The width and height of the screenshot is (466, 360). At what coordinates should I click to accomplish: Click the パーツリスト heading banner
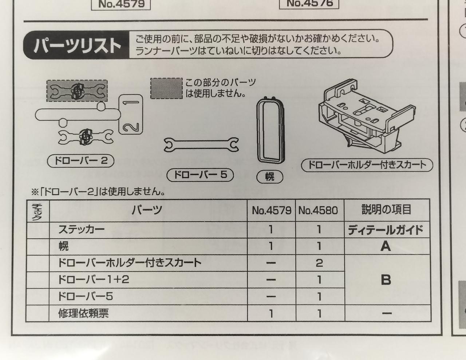[x=76, y=45]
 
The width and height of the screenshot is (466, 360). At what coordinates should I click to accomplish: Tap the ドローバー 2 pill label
[x=80, y=161]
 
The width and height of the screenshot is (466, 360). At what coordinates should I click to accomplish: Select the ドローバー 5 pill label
[x=200, y=175]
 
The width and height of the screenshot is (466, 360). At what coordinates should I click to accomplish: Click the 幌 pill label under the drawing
[x=270, y=177]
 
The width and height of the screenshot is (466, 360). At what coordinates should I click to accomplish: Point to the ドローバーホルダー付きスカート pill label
[x=367, y=165]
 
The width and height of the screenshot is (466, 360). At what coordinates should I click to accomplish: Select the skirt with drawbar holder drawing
[x=367, y=116]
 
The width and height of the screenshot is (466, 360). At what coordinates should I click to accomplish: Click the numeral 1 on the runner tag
[x=131, y=103]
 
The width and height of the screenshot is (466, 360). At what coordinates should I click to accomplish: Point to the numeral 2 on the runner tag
[x=131, y=127]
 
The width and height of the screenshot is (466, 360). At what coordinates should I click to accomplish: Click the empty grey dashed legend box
[x=166, y=88]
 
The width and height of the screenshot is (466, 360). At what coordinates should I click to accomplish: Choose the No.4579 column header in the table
[x=272, y=210]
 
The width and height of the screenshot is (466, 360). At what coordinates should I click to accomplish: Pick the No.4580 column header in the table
[x=318, y=210]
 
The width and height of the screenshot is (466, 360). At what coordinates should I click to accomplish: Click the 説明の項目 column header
[x=386, y=209]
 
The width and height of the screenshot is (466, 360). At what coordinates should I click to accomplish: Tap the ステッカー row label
[x=82, y=229]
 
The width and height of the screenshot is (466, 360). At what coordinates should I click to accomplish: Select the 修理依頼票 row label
[x=83, y=313]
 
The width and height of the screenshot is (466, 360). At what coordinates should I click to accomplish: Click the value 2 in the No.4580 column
[x=319, y=263]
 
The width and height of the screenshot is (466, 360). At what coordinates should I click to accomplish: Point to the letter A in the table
[x=386, y=246]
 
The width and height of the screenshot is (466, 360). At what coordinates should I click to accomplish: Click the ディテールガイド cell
[x=386, y=230]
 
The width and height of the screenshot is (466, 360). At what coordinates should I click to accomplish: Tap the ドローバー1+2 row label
[x=94, y=280]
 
